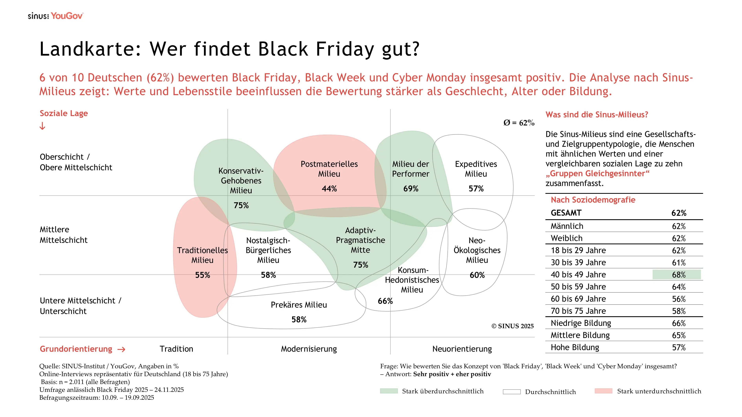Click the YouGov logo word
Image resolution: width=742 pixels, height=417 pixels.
click(67, 16)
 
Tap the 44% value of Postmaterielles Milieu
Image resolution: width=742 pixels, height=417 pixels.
click(329, 189)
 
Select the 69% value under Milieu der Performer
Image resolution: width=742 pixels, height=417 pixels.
click(411, 189)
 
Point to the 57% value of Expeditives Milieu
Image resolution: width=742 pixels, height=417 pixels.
click(476, 189)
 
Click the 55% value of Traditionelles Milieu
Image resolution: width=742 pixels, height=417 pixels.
click(203, 275)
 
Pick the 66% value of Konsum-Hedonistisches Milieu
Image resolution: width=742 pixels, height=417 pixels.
click(385, 301)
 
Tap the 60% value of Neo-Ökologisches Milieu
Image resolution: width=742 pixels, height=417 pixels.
click(477, 275)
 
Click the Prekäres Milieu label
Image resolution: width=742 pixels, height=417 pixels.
click(299, 305)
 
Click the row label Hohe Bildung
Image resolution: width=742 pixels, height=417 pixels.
click(575, 347)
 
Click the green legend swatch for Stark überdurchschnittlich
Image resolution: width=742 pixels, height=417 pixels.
click(389, 391)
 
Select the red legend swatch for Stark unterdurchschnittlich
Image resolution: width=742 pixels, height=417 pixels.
click(603, 391)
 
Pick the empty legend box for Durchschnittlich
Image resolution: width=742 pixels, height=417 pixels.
click(512, 392)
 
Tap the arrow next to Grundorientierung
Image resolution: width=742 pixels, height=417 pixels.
click(122, 349)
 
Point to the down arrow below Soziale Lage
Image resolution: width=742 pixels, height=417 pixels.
click(42, 126)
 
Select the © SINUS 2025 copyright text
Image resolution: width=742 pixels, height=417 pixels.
click(512, 326)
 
